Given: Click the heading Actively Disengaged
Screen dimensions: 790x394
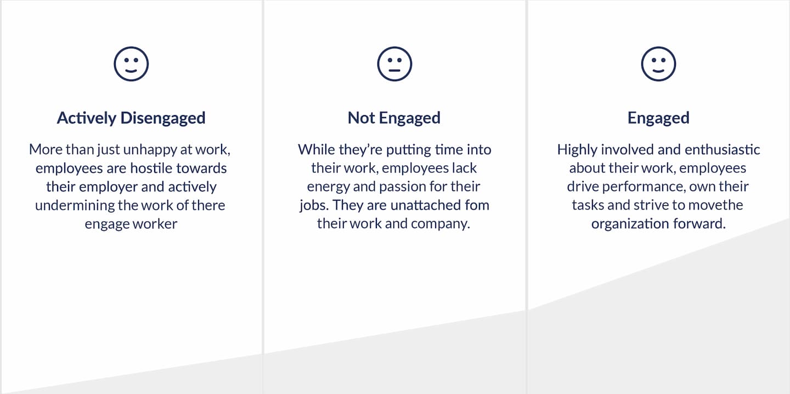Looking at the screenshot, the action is [x=131, y=118].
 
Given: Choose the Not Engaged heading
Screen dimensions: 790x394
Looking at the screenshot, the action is [x=394, y=118].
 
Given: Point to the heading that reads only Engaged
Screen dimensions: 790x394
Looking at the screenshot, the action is [x=658, y=118].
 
